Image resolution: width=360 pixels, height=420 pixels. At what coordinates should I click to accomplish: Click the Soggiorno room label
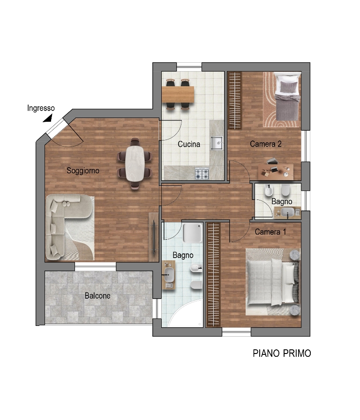tap(83, 170)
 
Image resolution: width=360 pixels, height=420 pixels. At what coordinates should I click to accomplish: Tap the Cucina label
tap(189, 144)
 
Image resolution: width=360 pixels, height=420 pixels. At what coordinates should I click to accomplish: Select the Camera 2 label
tap(266, 144)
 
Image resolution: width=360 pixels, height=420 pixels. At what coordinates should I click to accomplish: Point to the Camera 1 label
tap(270, 232)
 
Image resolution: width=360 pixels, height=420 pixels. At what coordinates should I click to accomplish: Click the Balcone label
tap(97, 296)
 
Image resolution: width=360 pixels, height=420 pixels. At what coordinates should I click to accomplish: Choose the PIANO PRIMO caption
tap(282, 354)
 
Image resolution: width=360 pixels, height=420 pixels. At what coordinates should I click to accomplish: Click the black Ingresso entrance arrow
tap(48, 118)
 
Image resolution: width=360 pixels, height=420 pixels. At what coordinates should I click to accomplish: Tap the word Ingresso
tap(41, 108)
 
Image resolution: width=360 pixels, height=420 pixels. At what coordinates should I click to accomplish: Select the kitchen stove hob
tap(202, 174)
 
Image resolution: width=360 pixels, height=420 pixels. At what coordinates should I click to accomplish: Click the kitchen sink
tap(217, 143)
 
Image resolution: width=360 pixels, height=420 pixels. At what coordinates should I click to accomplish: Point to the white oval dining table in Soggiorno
tap(135, 163)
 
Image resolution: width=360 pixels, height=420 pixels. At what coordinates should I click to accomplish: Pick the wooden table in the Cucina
tap(178, 94)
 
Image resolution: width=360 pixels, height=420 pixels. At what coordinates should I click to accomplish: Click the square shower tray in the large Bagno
tap(193, 233)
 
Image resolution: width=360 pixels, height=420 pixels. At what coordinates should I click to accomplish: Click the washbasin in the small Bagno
tap(288, 212)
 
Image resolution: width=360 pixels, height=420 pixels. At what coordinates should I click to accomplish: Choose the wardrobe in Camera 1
tap(213, 274)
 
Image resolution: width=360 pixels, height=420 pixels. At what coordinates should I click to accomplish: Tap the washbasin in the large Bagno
tap(169, 275)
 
